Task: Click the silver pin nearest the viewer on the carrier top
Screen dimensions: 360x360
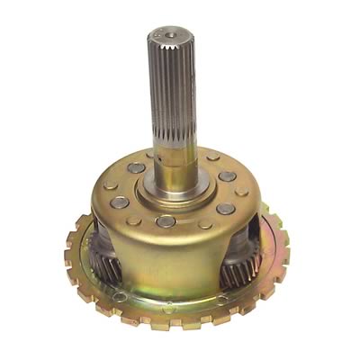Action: click(166, 220)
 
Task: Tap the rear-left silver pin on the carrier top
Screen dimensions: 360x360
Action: click(135, 168)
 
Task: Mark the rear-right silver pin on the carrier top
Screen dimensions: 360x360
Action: click(227, 176)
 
